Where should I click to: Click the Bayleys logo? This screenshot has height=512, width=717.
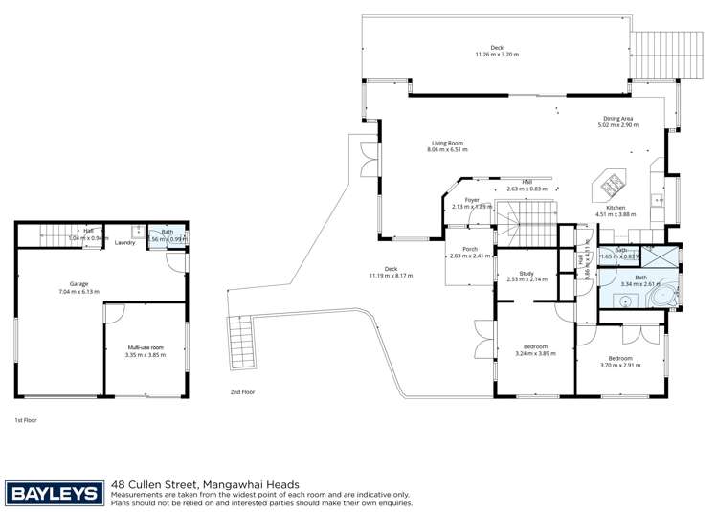coord(54,492)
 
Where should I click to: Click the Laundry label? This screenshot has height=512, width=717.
coord(124,242)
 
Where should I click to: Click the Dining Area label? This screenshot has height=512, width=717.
coord(617,119)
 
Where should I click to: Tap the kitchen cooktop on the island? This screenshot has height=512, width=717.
coord(611,182)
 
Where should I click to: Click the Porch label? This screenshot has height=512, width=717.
coord(470,249)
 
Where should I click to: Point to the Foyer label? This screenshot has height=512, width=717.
coord(472,200)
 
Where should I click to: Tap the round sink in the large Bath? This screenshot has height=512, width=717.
coord(624,299)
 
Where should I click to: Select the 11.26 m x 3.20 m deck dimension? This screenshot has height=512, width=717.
coord(497,55)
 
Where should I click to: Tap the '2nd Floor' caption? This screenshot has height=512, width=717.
coord(242,392)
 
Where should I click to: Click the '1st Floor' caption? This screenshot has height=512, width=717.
coord(24,419)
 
